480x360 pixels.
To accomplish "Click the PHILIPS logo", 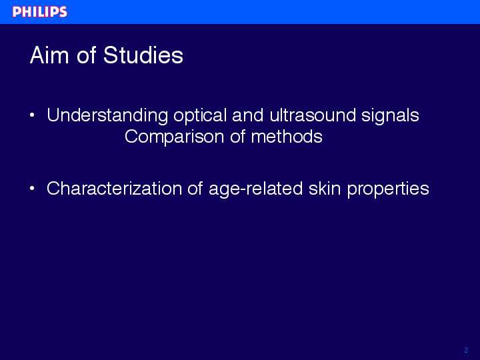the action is (x=40, y=12).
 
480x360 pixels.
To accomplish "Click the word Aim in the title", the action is (x=49, y=55).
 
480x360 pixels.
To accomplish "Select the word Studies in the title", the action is (x=143, y=55).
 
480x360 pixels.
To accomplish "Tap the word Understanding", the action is (x=107, y=116).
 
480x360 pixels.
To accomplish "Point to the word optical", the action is (x=200, y=116).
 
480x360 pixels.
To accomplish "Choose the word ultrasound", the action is (x=313, y=115).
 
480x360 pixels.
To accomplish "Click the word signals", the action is (x=390, y=116).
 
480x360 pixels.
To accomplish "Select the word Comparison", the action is (x=175, y=137).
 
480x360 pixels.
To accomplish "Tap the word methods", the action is (x=287, y=136).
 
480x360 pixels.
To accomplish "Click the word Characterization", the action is (x=114, y=188).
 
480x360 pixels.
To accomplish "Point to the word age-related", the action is (x=256, y=189).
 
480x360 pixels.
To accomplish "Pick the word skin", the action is (x=325, y=188).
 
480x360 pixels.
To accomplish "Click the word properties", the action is (x=388, y=189).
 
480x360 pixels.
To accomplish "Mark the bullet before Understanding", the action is (x=32, y=115).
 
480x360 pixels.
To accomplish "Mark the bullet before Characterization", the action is (x=32, y=189).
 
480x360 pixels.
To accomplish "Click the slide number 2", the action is (x=466, y=350).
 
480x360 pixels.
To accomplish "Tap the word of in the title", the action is (x=87, y=55).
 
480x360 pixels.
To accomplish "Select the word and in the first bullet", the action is (x=248, y=115).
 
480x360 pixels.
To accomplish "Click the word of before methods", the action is (x=237, y=136).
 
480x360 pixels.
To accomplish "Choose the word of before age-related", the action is (x=195, y=188).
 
